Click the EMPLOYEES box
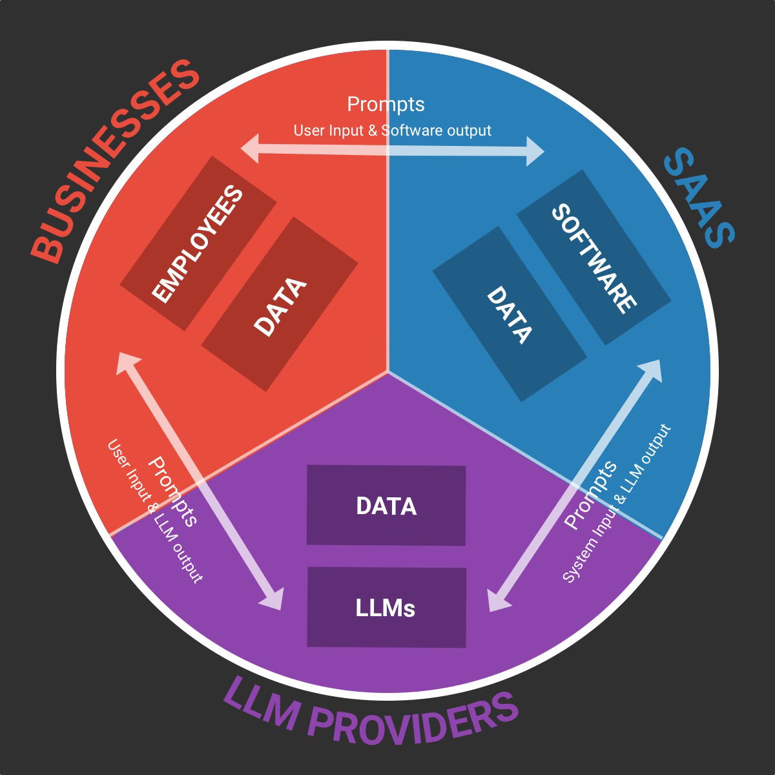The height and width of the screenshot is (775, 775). [199, 243]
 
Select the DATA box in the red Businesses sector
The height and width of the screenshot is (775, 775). [280, 304]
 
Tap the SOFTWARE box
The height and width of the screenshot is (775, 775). [594, 257]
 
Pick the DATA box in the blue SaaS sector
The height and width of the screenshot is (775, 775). [509, 314]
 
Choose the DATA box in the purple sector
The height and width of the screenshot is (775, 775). [386, 505]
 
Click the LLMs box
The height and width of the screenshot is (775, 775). [386, 607]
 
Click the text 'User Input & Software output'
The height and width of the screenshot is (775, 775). [392, 130]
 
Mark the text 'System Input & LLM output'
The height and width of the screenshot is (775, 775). [617, 504]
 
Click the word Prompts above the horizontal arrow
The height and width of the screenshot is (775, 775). [386, 104]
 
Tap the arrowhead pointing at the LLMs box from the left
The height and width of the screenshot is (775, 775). [274, 600]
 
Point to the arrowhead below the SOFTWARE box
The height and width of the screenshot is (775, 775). [653, 368]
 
